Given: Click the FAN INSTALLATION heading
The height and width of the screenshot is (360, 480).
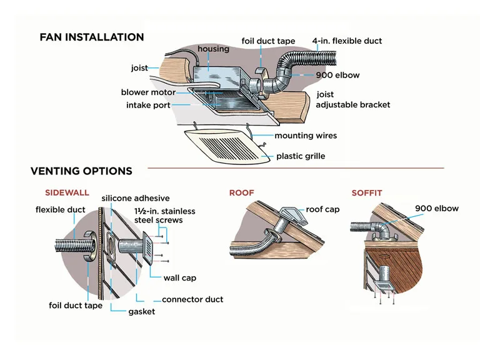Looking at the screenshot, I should [91, 37].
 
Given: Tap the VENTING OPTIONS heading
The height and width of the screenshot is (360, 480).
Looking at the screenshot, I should [81, 171].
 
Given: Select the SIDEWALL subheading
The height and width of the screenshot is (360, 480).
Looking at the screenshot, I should [67, 193].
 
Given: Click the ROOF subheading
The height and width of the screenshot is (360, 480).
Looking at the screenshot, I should [241, 193].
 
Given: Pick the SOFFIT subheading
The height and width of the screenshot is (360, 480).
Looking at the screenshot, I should [366, 193].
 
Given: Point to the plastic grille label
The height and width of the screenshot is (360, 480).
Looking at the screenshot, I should [301, 156].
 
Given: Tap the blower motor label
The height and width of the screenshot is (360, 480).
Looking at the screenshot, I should [148, 92].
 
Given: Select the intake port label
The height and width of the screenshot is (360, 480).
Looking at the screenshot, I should [148, 106].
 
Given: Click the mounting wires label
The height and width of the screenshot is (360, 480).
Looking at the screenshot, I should [306, 135].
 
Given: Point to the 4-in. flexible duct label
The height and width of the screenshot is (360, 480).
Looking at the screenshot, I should [347, 41].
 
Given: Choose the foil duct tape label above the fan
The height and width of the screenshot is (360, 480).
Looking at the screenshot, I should [268, 41].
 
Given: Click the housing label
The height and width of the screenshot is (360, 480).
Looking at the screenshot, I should [213, 49].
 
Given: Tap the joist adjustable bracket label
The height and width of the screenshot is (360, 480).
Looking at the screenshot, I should [352, 100].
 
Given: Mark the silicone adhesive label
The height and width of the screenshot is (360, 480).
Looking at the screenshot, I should [136, 198].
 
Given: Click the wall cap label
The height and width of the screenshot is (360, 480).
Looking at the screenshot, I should [180, 278].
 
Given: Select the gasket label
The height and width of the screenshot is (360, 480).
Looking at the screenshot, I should [141, 311].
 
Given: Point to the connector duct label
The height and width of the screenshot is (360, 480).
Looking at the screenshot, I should [192, 299].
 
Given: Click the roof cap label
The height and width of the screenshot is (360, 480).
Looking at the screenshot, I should [322, 209].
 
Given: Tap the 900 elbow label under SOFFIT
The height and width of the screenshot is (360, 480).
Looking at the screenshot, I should [437, 208].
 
